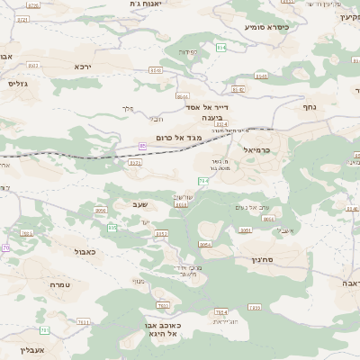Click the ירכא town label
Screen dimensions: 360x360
tap(83, 67)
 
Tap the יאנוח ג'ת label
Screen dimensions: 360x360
tap(139, 4)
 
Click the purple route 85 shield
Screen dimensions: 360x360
tap(142, 146)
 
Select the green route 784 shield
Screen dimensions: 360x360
tap(203, 181)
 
